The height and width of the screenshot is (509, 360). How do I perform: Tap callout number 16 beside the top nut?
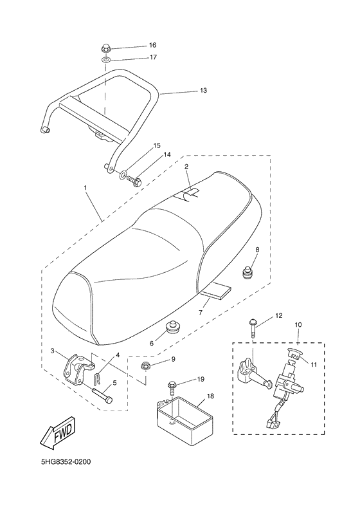(x=152, y=45)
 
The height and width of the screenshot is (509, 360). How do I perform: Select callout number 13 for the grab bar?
(x=203, y=91)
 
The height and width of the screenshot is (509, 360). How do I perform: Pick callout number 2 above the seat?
(x=186, y=167)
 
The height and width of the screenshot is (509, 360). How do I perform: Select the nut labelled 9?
(x=145, y=367)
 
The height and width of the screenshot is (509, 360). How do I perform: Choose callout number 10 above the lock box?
(x=298, y=326)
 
